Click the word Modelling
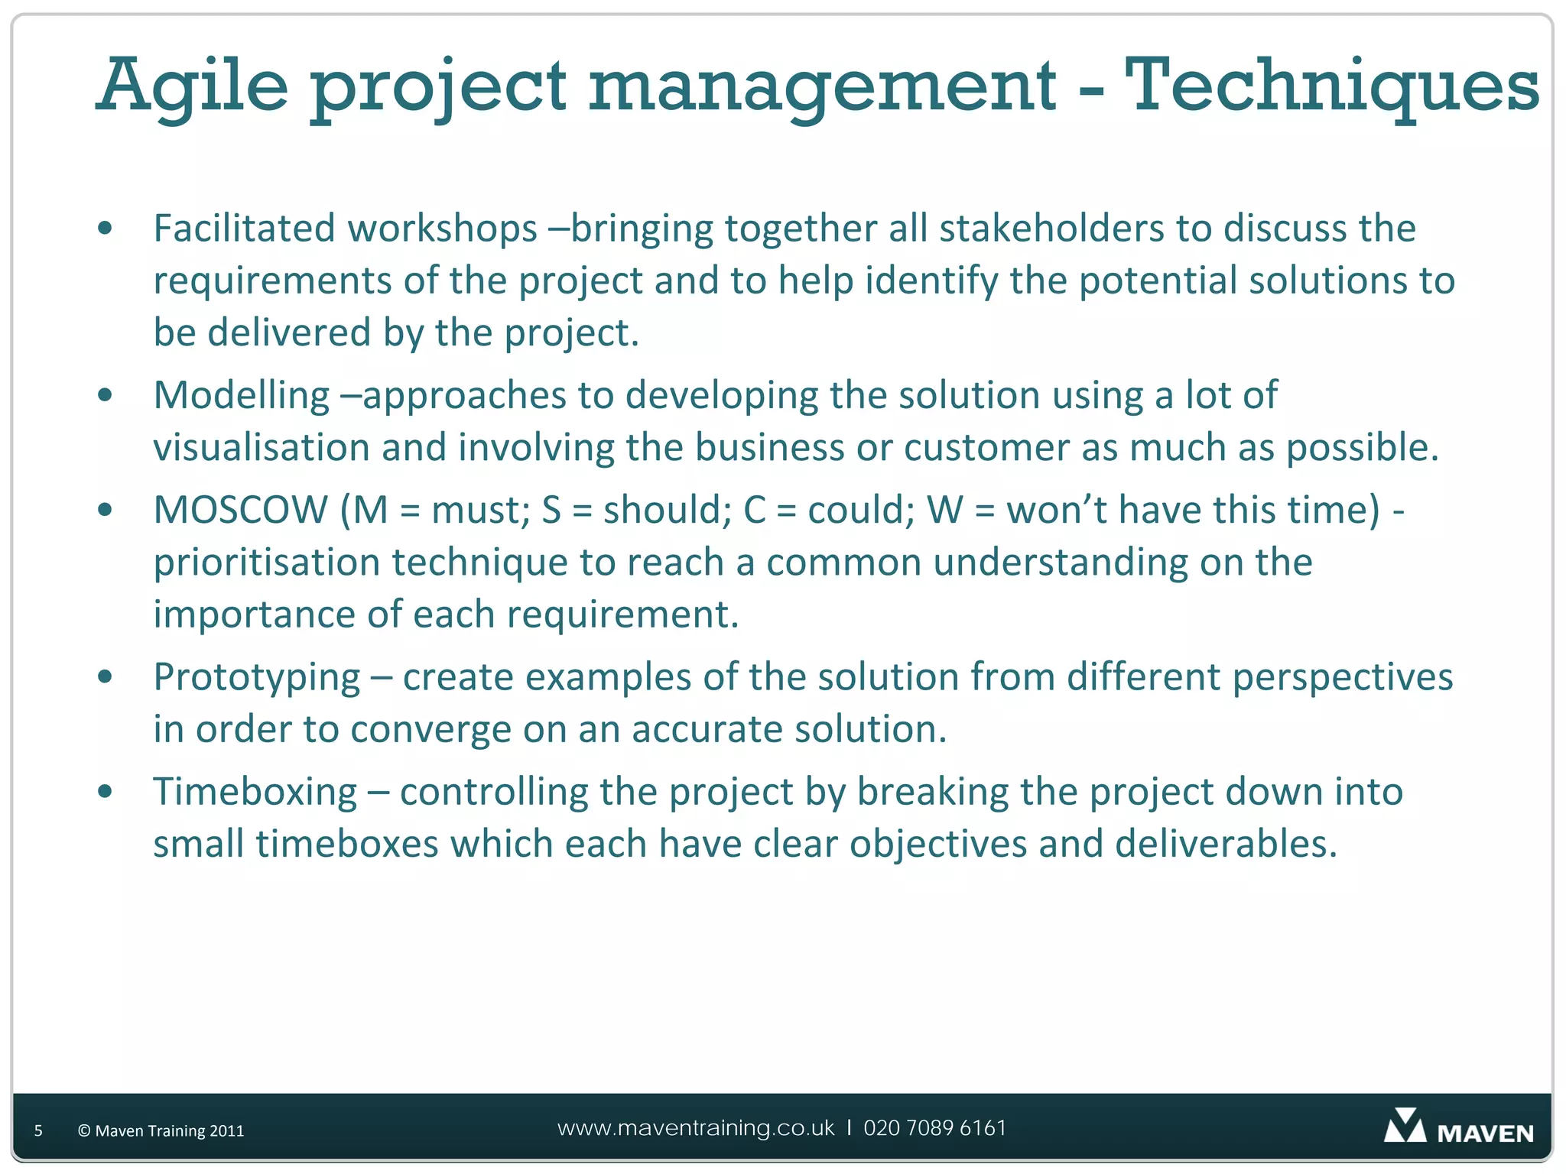tap(242, 396)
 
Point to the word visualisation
tap(262, 448)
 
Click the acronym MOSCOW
tap(241, 510)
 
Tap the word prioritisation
tap(267, 563)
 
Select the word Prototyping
tap(257, 678)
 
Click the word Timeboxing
tap(255, 792)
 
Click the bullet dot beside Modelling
tap(106, 396)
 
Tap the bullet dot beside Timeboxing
tap(106, 792)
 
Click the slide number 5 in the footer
tap(38, 1131)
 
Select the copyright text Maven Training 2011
tap(161, 1131)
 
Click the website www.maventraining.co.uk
tap(696, 1128)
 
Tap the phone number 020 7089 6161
tap(934, 1128)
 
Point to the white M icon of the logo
tap(1405, 1127)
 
